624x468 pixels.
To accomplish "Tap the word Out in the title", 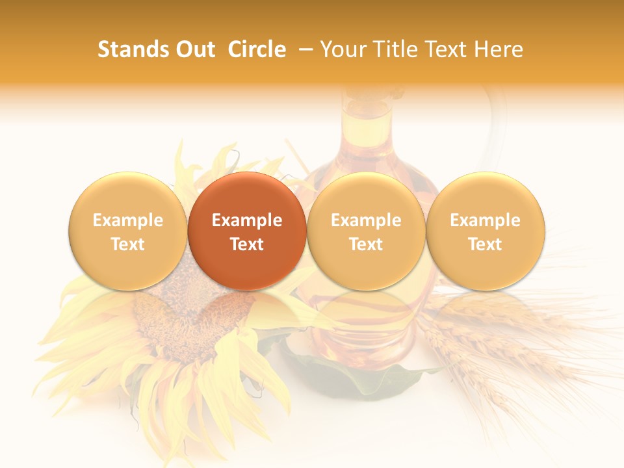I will point(196,49).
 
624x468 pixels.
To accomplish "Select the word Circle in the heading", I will point(257,49).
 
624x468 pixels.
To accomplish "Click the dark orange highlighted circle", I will point(247,231).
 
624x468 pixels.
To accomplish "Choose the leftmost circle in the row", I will point(128,231).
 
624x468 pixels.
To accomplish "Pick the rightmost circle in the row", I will point(485,231).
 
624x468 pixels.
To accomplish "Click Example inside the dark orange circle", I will point(247,220).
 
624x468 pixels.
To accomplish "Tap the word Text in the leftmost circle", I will point(128,244).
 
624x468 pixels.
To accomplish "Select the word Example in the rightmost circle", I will point(485,220).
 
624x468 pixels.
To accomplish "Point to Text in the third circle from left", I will point(366,244).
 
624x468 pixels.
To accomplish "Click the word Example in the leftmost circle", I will point(128,220).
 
